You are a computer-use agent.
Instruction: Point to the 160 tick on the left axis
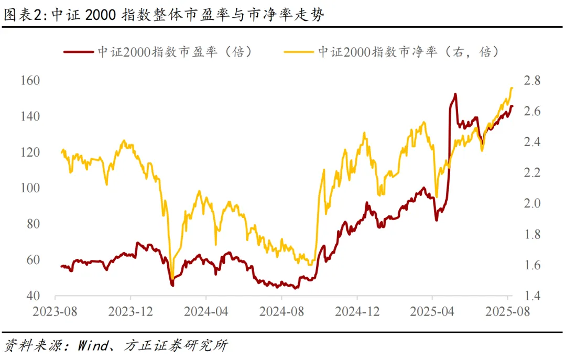(30, 81)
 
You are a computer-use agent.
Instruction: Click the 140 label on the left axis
(30, 116)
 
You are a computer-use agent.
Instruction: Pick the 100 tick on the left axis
(30, 188)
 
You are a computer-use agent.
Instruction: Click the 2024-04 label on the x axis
(206, 312)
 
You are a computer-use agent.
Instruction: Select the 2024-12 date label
(357, 312)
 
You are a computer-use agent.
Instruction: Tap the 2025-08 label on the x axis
(507, 312)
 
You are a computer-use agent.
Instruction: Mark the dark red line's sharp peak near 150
(455, 94)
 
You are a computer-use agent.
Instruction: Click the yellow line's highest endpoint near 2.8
(511, 88)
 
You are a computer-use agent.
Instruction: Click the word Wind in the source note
(94, 346)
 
